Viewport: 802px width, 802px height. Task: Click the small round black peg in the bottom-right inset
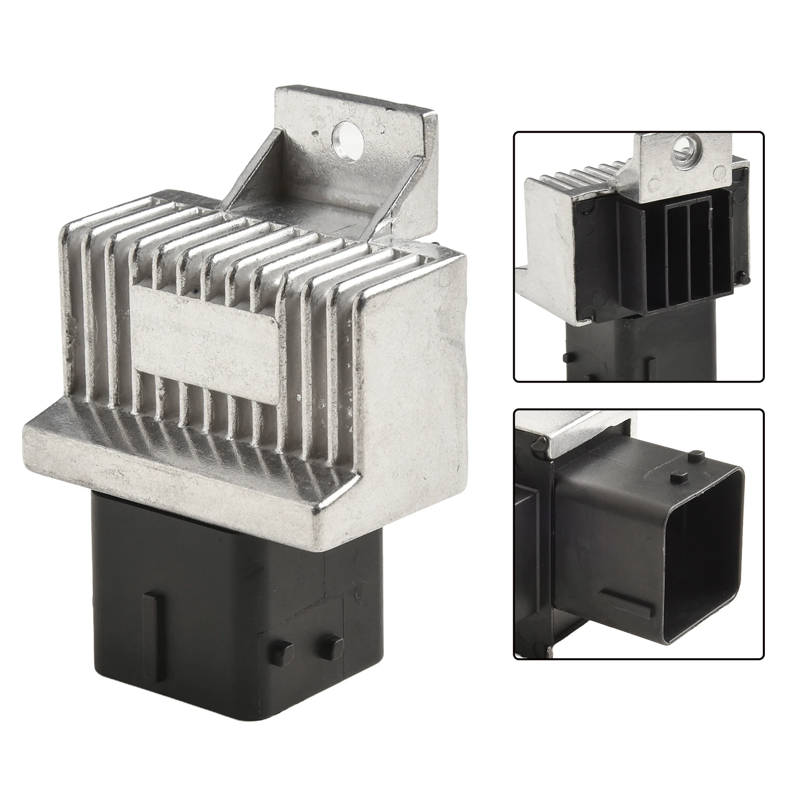tap(540, 445)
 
